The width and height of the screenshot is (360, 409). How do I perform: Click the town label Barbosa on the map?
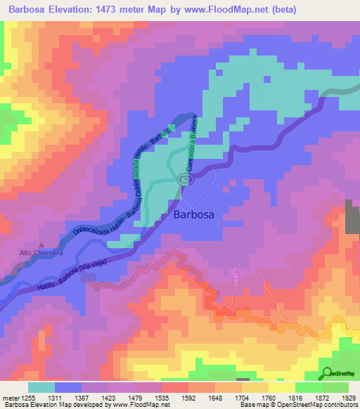(x=193, y=216)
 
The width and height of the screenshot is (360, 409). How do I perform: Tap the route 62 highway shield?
(x=184, y=180)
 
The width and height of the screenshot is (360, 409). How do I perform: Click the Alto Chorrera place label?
(x=41, y=252)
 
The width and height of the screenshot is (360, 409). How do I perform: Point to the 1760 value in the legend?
(x=269, y=398)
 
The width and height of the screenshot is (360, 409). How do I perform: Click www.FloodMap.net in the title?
(x=224, y=10)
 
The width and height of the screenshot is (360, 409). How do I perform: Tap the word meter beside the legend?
(x=11, y=398)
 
